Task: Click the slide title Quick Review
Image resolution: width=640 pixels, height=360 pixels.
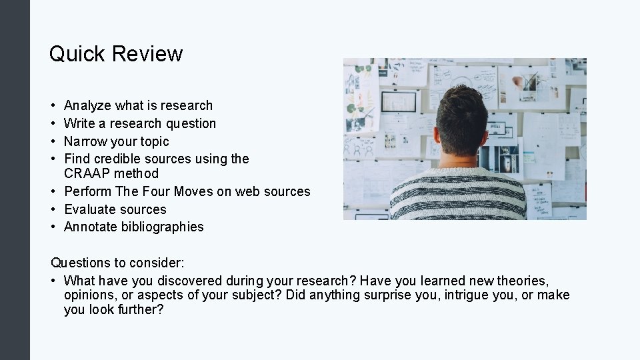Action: click(116, 54)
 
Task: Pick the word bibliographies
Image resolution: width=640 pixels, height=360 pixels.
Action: click(163, 227)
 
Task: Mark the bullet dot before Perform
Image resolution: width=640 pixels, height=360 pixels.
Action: click(53, 191)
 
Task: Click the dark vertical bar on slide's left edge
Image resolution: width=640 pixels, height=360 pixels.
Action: click(15, 180)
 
